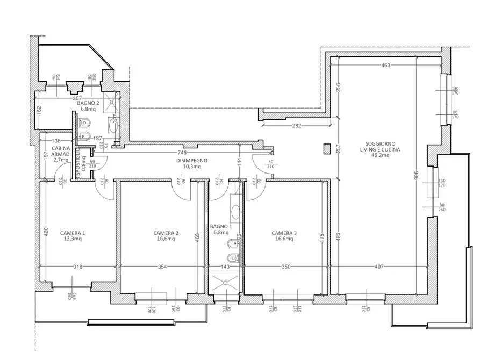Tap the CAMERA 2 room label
tap(166, 236)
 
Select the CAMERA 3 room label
tap(284, 236)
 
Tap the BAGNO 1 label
tap(221, 230)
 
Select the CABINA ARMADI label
tap(61, 154)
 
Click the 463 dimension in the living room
tap(385, 66)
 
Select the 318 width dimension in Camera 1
tap(78, 267)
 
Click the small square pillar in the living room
tap(326, 149)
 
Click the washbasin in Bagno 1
tap(236, 211)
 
